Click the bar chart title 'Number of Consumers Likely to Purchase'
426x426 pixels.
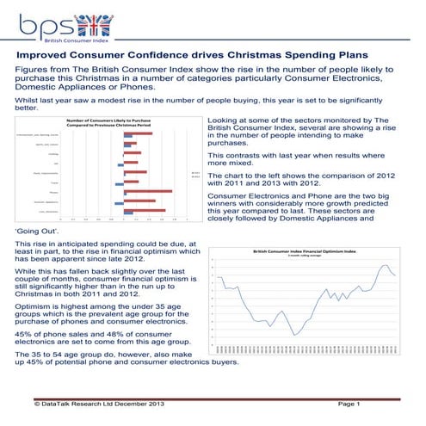pyautogui.click(x=109, y=121)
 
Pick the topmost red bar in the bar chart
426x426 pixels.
pyautogui.click(x=139, y=133)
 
